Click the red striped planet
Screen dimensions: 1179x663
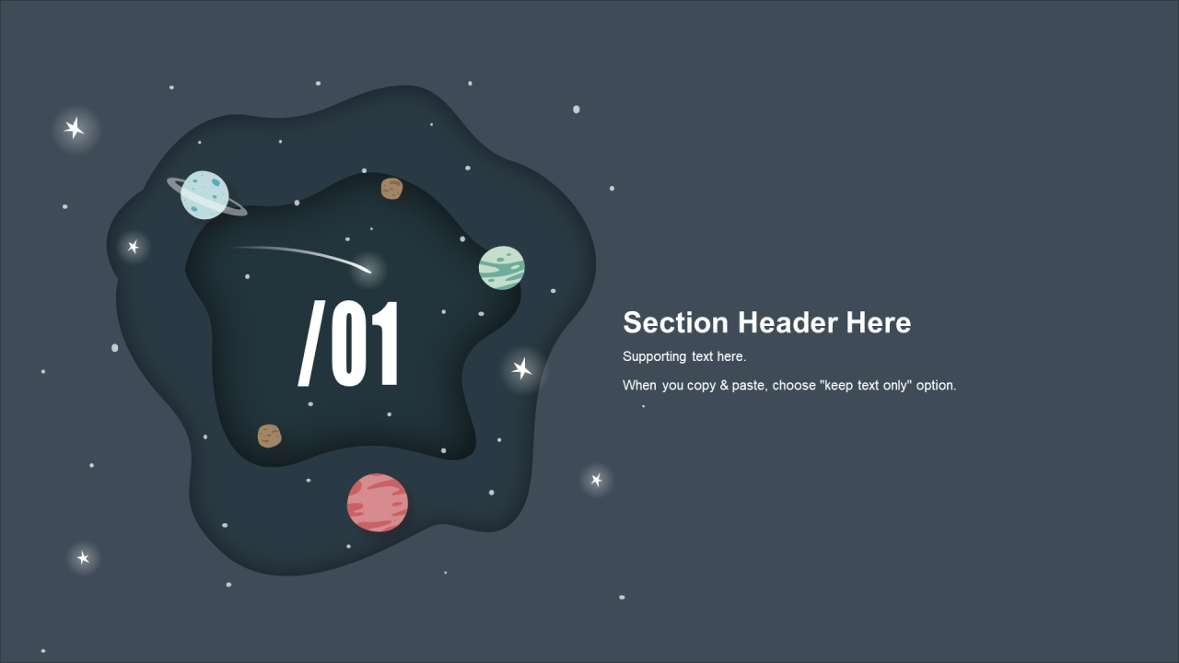tap(378, 503)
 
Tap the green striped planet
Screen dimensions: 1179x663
tap(502, 268)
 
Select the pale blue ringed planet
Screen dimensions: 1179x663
tap(204, 194)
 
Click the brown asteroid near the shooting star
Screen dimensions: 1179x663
tap(391, 189)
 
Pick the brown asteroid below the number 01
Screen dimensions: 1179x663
tap(270, 436)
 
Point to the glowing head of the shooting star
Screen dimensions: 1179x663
tap(368, 270)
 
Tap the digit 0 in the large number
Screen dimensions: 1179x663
tap(348, 343)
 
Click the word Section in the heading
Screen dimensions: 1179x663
tap(675, 322)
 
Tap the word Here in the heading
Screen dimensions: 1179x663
tap(879, 322)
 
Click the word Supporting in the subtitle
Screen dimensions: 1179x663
tap(654, 356)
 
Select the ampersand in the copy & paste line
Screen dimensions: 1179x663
tap(724, 385)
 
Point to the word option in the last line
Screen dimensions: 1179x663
tap(936, 386)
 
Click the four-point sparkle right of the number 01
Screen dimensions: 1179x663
tap(521, 368)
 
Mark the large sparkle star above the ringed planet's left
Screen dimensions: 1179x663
tap(75, 128)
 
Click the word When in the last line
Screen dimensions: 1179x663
tap(639, 385)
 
